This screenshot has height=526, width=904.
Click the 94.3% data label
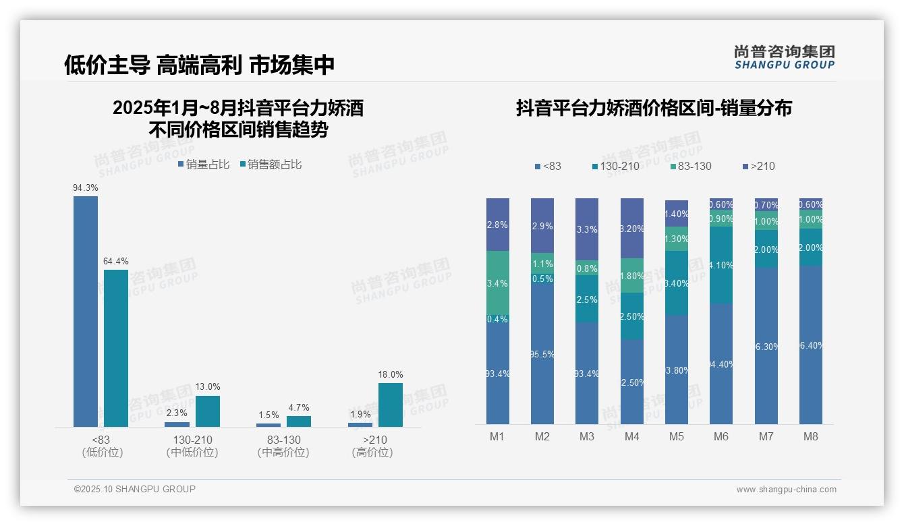pos(86,188)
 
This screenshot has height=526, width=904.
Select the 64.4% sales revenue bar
pos(116,348)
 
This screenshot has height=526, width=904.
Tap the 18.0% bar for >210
pos(390,405)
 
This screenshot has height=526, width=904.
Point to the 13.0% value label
pos(208,387)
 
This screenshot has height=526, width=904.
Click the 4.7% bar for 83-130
pos(299,421)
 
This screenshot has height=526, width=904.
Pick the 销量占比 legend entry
pos(204,165)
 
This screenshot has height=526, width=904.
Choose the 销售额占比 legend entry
pos(271,165)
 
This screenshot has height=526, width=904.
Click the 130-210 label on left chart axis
pos(192,440)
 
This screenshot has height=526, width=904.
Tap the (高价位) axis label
pos(372,452)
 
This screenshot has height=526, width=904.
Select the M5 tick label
pos(677,436)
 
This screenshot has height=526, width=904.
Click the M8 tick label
pos(811,436)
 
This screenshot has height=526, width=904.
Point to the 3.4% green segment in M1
pos(498,283)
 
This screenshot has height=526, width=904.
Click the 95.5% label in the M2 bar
pos(542,354)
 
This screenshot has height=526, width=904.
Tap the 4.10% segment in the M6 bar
pos(721,265)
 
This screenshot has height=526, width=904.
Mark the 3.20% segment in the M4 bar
pos(632,228)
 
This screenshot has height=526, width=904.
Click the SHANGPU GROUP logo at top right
pos(785,57)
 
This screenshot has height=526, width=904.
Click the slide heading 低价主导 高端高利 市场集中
pos(200,65)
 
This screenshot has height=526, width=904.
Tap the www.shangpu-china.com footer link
pos(786,490)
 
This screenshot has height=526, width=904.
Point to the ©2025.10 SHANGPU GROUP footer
pos(135,489)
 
